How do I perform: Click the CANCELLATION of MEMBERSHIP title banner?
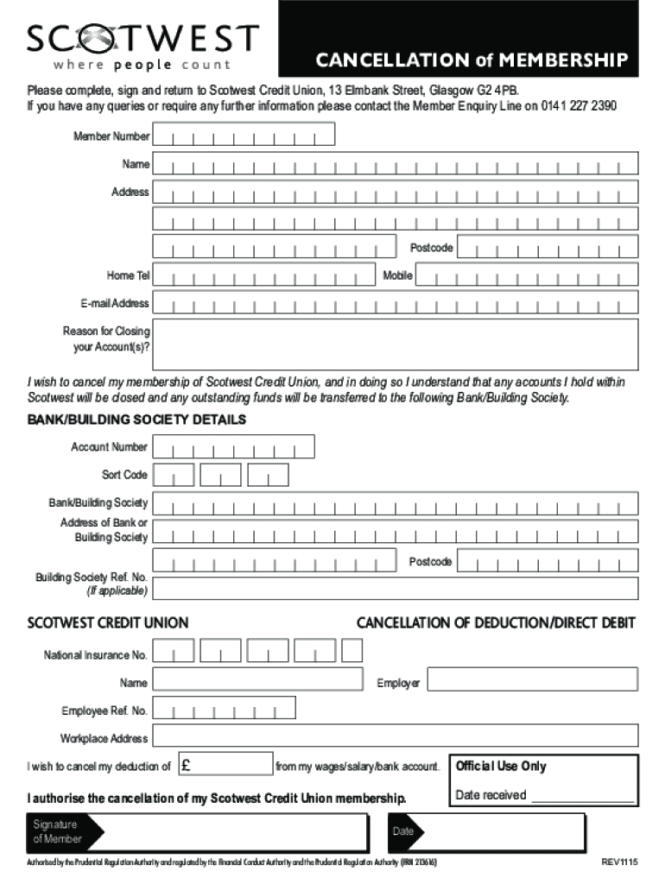pos(471,60)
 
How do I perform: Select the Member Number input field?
pos(244,136)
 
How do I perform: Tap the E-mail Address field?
pos(396,303)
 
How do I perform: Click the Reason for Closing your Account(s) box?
pos(396,344)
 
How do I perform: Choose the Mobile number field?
pos(527,276)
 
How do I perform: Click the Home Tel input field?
pos(266,276)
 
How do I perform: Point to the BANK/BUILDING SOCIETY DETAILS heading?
pos(137,420)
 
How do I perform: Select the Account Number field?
pos(233,447)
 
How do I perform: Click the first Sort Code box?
pos(174,475)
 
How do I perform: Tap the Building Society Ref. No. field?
pos(396,589)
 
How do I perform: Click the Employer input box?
pos(532,681)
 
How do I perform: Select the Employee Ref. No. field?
pos(225,709)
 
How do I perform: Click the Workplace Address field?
pos(396,736)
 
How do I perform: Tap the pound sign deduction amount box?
pos(225,765)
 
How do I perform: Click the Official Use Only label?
pos(501,766)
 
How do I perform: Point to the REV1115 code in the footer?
pos(618,863)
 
